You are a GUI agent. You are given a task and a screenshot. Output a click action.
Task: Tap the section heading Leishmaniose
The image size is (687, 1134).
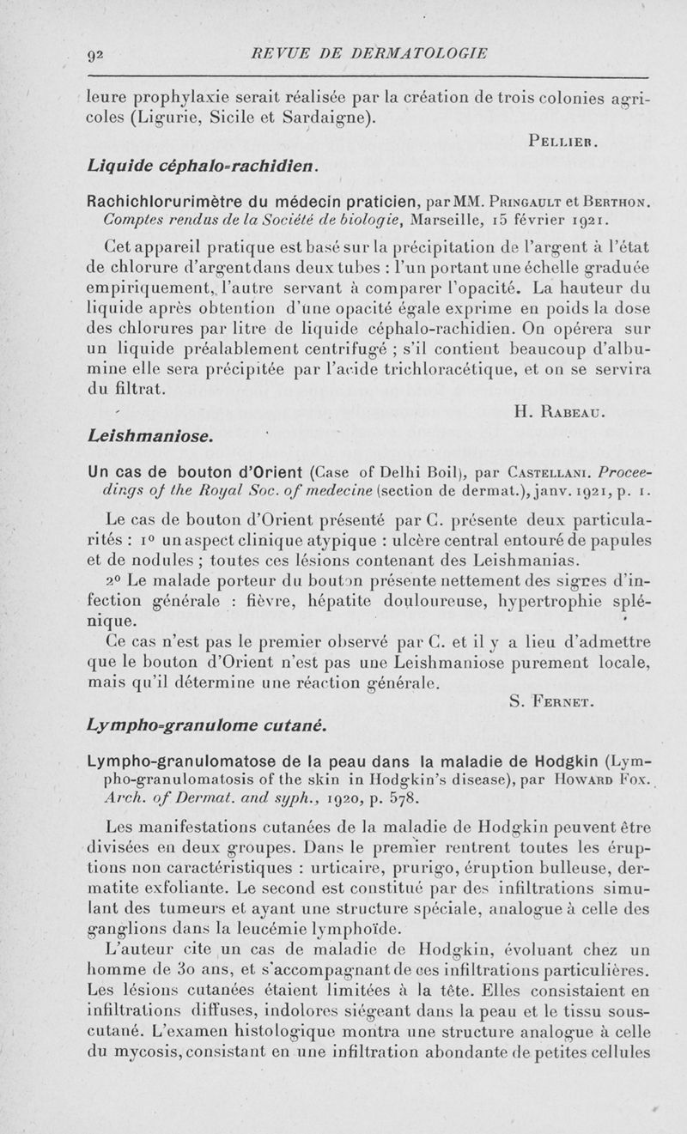coord(151,436)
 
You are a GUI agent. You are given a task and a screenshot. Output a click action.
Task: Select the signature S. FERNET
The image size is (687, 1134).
coord(551,705)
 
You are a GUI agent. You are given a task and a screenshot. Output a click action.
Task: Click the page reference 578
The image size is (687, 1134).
coord(401,800)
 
